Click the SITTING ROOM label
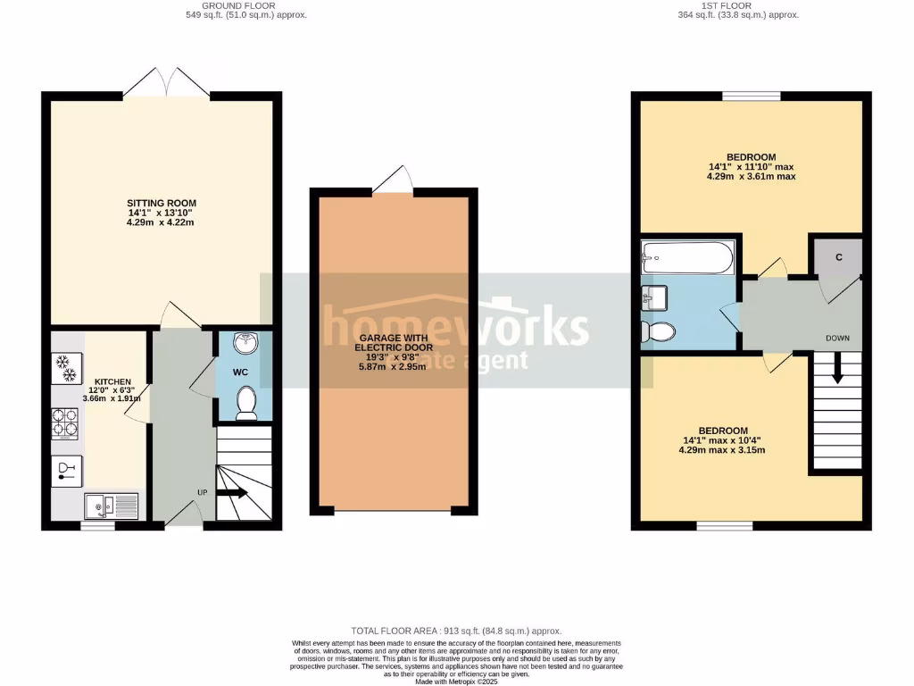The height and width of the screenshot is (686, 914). point(161,203)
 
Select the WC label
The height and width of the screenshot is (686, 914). point(240,372)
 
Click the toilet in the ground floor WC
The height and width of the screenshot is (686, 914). point(246,404)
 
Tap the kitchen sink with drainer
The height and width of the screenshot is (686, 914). point(111,506)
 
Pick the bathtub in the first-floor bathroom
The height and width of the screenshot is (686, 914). point(687,257)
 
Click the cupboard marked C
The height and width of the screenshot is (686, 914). point(837,257)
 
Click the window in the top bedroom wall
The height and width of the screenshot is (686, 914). point(751,96)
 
